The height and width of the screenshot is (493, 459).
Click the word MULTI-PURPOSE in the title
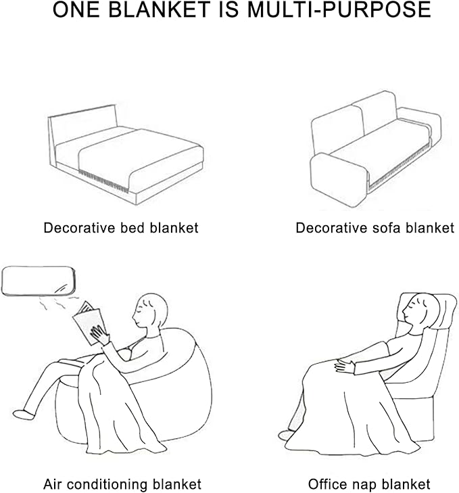point(339,9)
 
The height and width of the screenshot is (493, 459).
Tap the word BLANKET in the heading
point(160,9)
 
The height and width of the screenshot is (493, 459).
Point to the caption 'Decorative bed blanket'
point(121,228)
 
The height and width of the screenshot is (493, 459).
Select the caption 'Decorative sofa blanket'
point(375,228)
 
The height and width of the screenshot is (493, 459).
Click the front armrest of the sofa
point(339,179)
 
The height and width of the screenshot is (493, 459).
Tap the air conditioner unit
point(39,281)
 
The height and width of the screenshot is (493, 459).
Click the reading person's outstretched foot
point(23,414)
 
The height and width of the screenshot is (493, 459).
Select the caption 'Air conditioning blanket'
point(122,484)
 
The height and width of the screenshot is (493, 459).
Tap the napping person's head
point(419,310)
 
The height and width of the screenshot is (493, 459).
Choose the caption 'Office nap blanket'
point(369,484)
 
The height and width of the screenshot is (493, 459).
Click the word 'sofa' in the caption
point(387,228)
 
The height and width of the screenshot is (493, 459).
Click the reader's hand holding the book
point(100,335)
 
